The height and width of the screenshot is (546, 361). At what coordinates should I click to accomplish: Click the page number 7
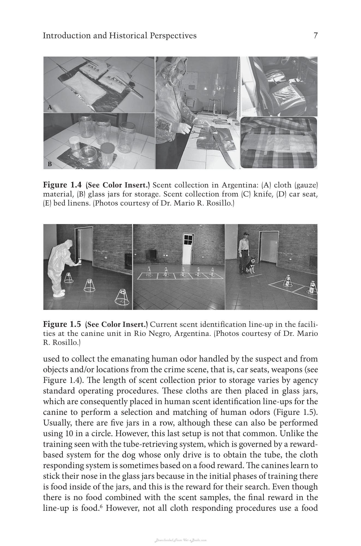point(316,36)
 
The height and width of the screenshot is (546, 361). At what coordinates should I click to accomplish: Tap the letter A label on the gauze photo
point(50,107)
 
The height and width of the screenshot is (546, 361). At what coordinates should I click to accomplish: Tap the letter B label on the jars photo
point(50,164)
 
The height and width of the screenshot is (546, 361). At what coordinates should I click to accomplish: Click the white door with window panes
point(188,247)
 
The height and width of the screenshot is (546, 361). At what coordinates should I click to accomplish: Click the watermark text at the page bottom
point(180,540)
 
